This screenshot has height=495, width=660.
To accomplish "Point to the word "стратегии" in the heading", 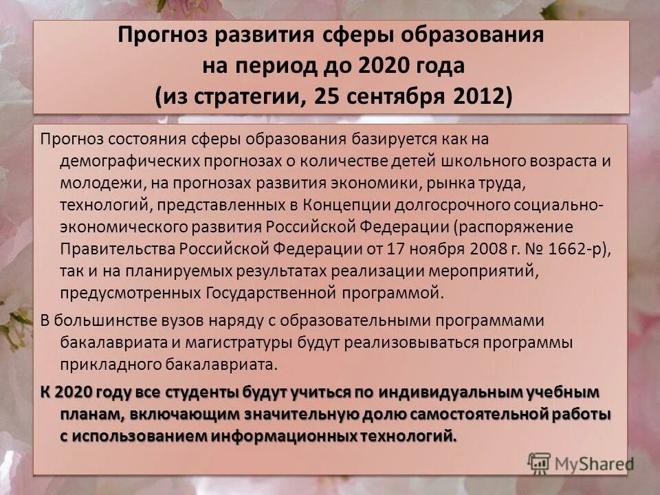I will [x=243, y=96].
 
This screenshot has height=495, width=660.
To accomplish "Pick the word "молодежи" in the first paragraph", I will [x=94, y=184].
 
